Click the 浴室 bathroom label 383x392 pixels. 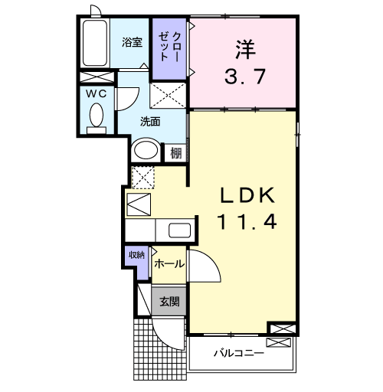tap(132, 42)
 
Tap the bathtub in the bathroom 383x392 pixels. tap(95, 43)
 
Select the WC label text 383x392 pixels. tap(96, 93)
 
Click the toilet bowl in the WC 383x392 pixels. tap(97, 115)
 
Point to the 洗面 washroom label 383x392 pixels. tap(150, 122)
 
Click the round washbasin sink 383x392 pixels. tap(146, 150)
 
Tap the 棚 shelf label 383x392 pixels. tap(176, 153)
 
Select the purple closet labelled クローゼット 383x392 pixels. tap(169, 48)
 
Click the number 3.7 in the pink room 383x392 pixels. tap(245, 76)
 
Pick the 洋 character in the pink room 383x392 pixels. tap(245, 49)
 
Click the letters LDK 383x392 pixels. tap(247, 195)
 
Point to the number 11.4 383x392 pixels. tap(247, 221)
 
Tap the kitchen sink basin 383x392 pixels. tap(180, 230)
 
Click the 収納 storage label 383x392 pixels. tap(136, 254)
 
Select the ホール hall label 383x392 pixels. tap(169, 263)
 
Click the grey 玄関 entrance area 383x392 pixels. tap(169, 302)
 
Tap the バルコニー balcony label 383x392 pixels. tap(238, 353)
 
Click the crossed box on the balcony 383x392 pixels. tap(278, 342)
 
